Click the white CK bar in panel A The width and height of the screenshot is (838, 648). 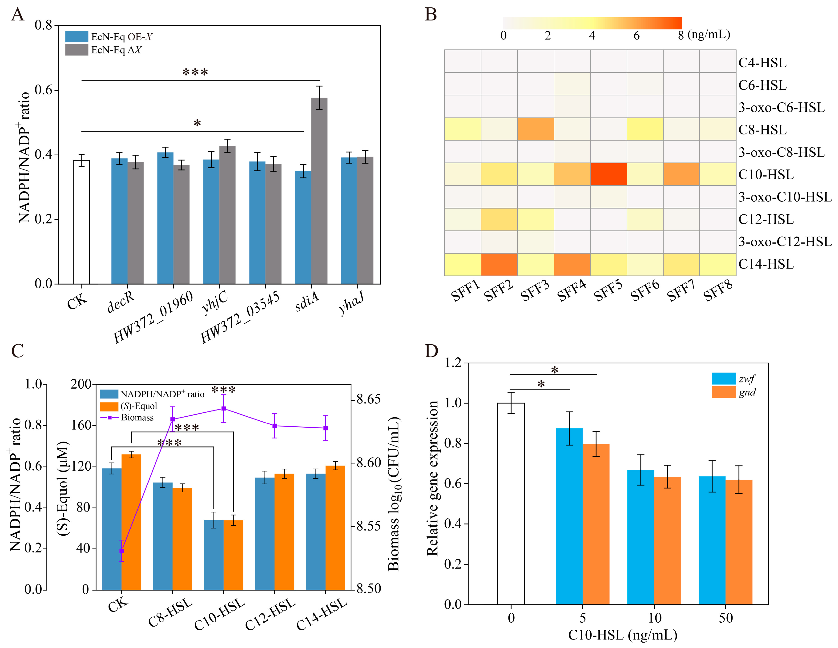click(81, 222)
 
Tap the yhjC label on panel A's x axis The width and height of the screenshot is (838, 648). click(215, 301)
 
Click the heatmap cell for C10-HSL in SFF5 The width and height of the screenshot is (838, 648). click(608, 174)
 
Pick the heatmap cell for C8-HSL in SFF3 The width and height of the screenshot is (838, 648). click(535, 129)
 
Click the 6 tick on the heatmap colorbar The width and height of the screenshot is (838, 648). click(636, 36)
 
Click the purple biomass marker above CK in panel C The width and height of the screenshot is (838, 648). click(122, 551)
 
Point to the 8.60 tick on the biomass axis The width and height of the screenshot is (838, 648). click(368, 463)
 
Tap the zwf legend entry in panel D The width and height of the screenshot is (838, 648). click(733, 379)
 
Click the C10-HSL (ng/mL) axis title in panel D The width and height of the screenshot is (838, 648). click(622, 635)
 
